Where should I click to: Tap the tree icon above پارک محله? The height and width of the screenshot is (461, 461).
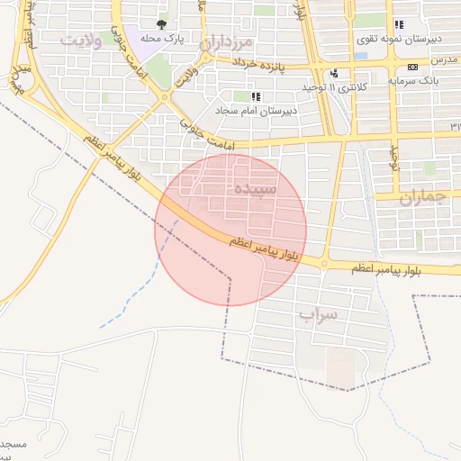pos(161,24)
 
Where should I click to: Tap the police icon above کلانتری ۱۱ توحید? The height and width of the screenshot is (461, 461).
pos(335,73)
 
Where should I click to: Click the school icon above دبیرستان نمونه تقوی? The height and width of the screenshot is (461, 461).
pos(399,24)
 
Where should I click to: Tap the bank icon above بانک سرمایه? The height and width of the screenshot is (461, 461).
pos(412,67)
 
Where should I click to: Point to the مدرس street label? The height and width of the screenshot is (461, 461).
pos(444,59)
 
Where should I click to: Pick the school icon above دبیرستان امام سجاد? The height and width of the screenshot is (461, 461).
pos(256,95)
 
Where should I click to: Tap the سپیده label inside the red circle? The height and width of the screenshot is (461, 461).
pos(256,190)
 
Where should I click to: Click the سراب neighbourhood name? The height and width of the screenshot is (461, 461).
pos(319,315)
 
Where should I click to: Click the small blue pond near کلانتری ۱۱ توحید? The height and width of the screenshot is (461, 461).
pos(360,56)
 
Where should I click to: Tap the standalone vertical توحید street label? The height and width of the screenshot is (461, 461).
pos(393,159)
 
